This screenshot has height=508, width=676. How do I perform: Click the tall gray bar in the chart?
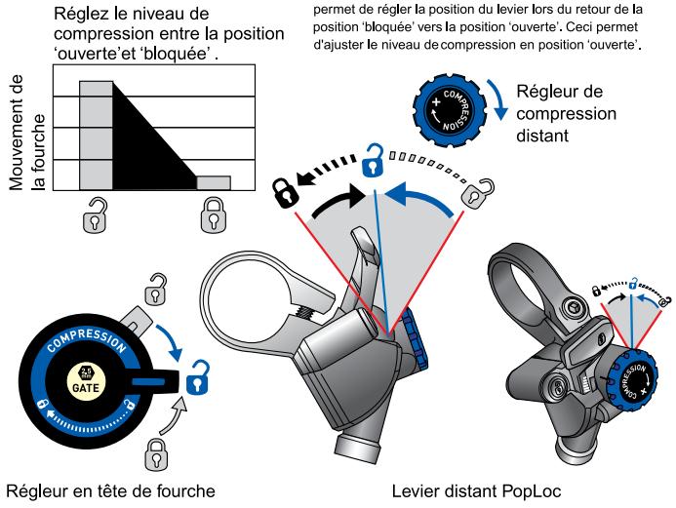96,135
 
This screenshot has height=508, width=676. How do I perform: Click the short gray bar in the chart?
214,182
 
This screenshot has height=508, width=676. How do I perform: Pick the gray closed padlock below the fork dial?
156,453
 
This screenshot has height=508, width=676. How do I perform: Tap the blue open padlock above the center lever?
372,160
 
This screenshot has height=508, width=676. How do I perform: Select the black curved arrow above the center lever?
336,201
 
